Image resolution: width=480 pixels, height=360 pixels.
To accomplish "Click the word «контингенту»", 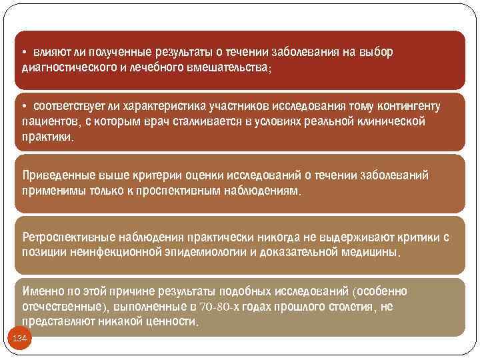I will (407, 107).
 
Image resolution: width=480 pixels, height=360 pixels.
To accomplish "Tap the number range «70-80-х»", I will (217, 307).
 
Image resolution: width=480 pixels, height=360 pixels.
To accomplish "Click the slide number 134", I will (20, 339).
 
